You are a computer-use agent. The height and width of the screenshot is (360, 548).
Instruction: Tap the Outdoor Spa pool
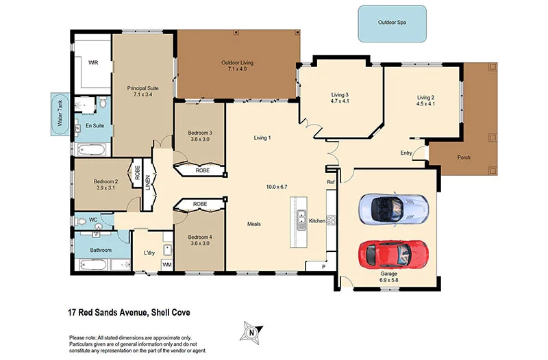click(x=393, y=23)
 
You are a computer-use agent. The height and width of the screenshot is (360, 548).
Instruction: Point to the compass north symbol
click(x=251, y=333)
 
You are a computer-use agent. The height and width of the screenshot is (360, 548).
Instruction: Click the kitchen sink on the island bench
click(x=299, y=219)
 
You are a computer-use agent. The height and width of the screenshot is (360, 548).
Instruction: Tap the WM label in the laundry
click(x=166, y=264)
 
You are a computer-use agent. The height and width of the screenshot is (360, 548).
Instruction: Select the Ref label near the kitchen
click(x=330, y=182)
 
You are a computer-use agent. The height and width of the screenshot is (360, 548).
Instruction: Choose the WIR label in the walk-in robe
click(x=93, y=62)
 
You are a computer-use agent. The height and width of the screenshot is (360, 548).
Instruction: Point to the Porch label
click(x=464, y=157)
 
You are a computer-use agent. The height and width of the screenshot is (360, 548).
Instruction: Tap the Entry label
click(x=406, y=153)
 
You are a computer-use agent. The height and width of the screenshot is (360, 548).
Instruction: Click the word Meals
click(x=254, y=224)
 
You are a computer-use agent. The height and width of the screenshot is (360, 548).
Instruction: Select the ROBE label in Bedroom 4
click(x=199, y=204)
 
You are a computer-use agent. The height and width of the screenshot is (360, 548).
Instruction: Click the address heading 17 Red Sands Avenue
click(x=129, y=312)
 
